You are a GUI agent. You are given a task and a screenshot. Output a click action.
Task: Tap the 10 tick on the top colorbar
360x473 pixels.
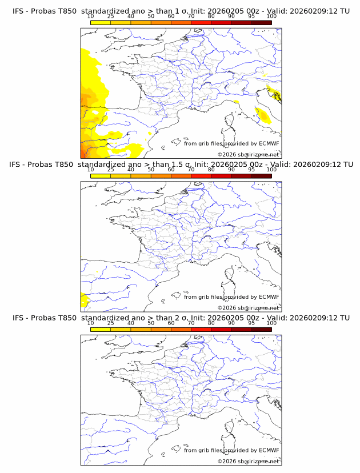coord(90,17)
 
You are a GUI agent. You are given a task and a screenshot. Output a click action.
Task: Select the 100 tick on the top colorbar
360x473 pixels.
coord(271,17)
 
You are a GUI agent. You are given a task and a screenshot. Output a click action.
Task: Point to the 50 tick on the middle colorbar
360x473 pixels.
coord(151,170)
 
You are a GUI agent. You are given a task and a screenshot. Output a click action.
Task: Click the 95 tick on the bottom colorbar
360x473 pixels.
coord(251,323)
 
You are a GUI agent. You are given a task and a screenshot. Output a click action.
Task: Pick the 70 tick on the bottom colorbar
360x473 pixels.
coord(191,323)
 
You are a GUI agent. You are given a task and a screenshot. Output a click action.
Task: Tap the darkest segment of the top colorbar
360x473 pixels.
coord(261,22)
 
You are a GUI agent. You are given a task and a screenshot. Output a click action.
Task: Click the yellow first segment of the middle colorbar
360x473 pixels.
coord(100,175)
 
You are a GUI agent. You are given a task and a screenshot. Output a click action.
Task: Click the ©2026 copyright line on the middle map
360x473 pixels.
coord(248,308)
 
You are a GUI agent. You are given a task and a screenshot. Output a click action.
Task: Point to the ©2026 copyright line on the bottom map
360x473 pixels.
coord(248,461)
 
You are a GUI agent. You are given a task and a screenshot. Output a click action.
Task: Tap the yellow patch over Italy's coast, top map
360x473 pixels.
coord(264,117)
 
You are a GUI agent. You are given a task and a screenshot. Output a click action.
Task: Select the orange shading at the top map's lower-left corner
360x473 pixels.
coord(83,151)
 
